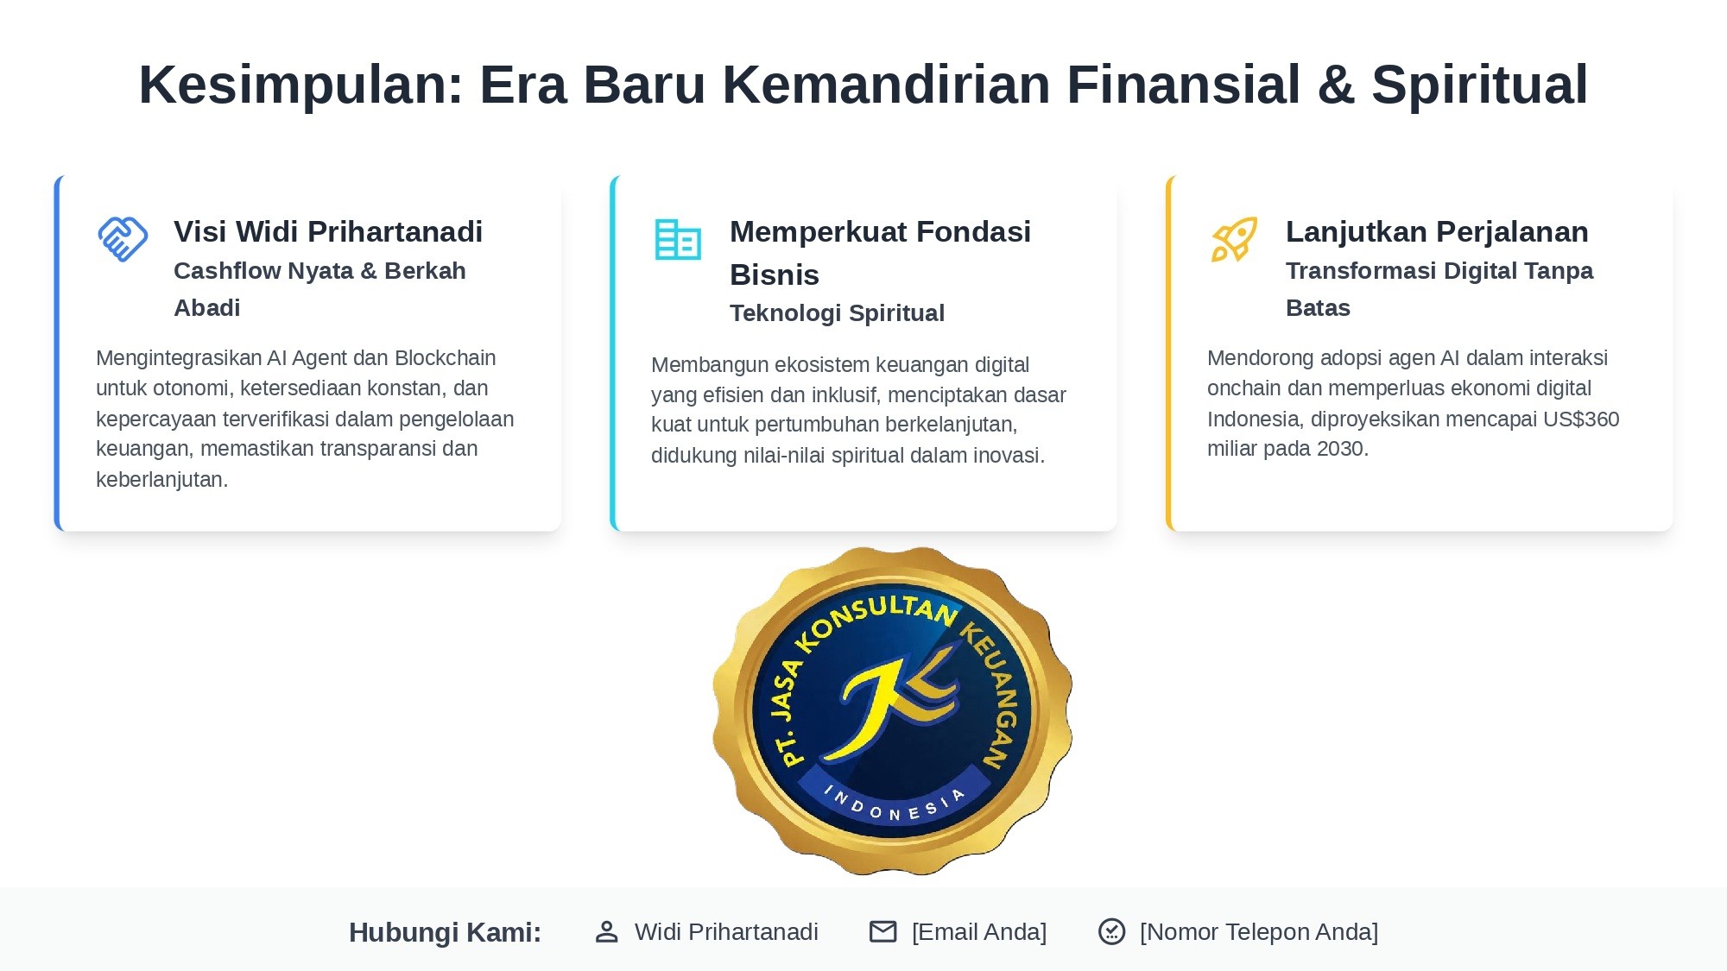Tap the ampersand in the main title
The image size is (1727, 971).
1335,85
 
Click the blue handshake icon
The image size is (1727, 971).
123,239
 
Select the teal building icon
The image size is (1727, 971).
678,240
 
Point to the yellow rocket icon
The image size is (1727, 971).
1234,239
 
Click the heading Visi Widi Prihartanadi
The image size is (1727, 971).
328,231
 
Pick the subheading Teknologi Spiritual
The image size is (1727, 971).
837,312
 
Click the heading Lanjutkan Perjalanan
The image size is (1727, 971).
1437,231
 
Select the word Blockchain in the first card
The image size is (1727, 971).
445,358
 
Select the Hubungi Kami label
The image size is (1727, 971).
445,932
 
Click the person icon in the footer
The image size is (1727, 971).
607,932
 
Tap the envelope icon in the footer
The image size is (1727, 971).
882,932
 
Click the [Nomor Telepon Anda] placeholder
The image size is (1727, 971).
1258,932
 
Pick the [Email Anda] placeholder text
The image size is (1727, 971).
978,932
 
